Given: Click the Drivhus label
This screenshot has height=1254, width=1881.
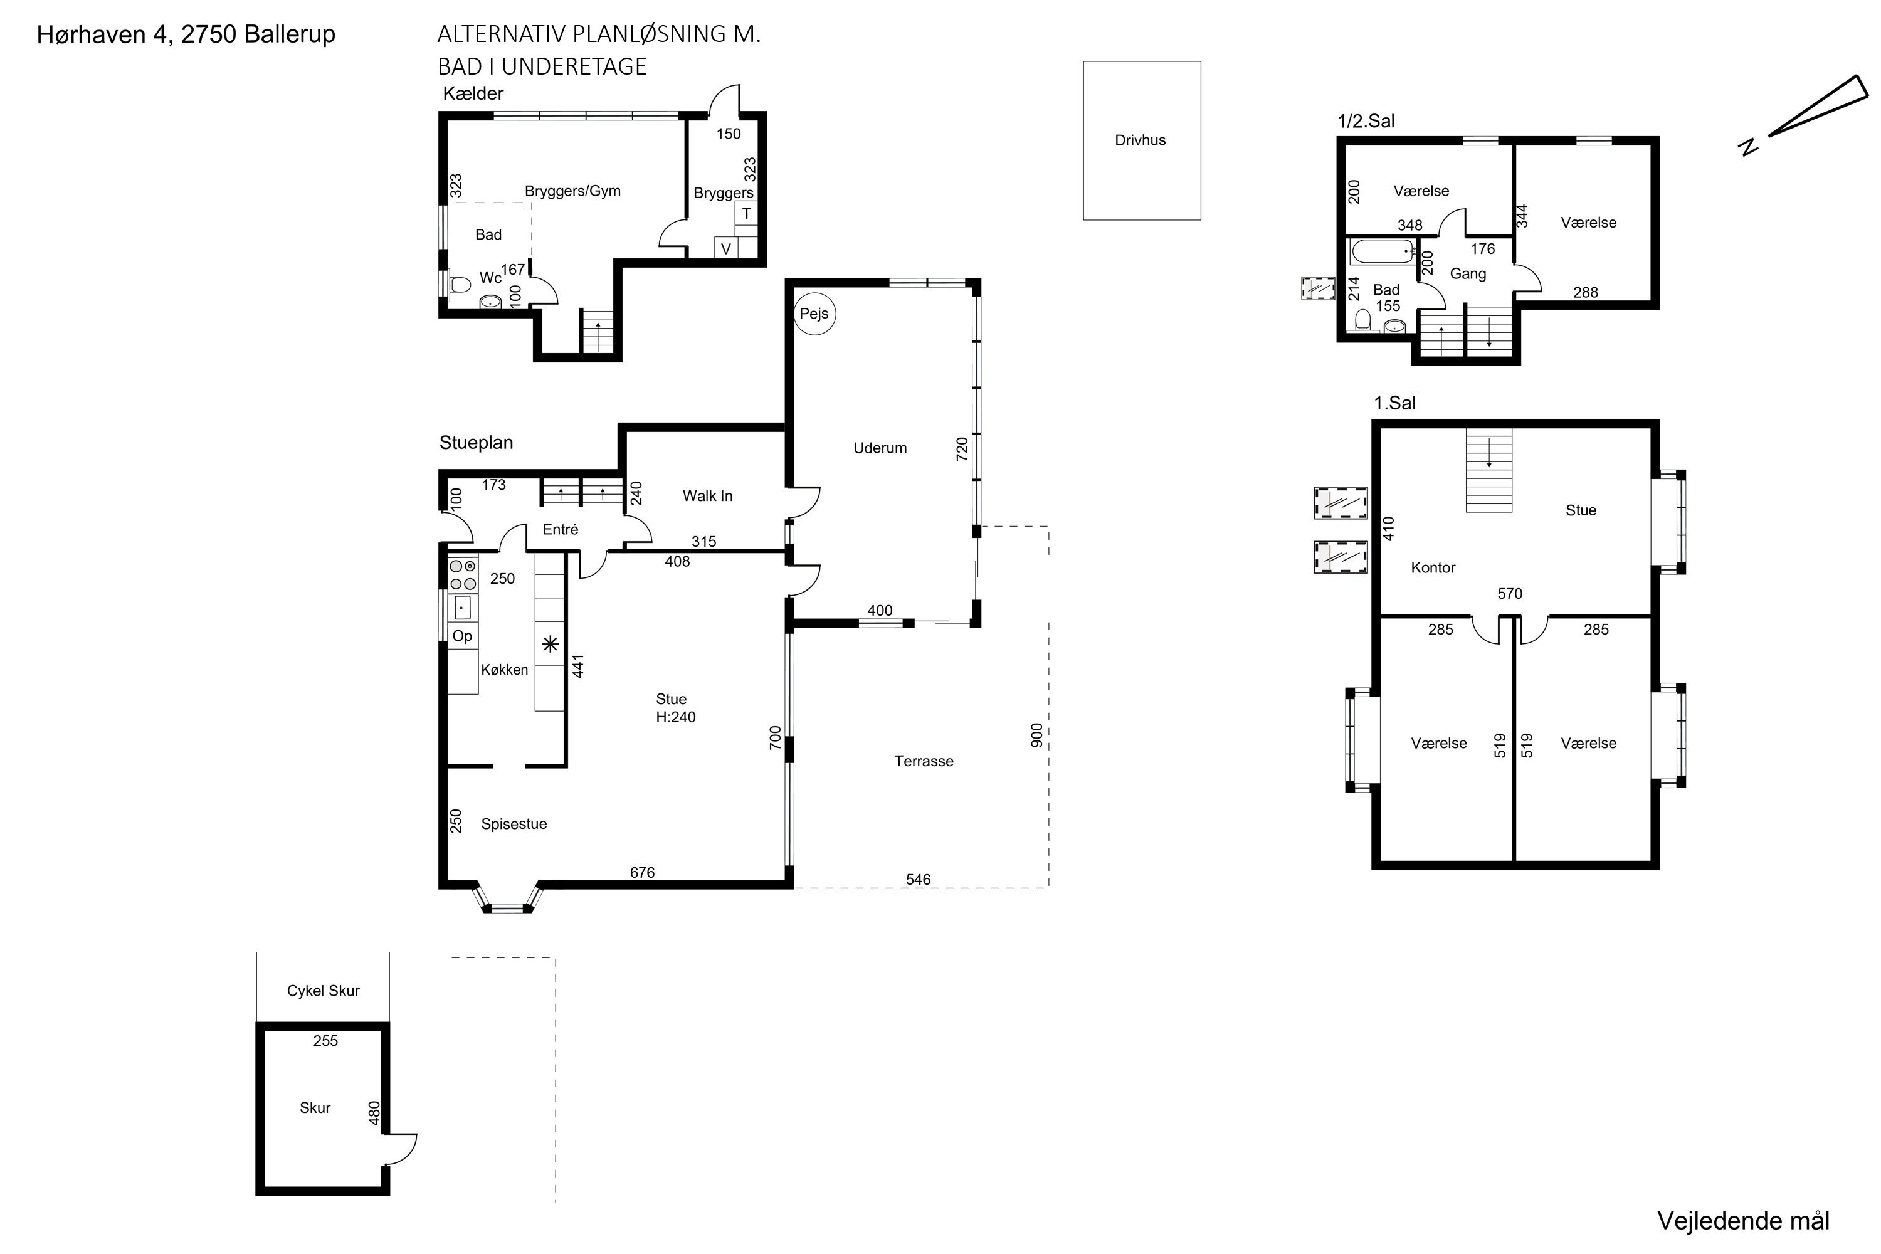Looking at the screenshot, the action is click(x=1140, y=140).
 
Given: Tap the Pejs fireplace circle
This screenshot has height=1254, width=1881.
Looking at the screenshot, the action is click(x=814, y=313).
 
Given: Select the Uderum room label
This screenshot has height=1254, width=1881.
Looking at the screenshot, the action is click(x=880, y=448).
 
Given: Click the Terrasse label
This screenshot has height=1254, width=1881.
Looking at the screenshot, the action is click(x=924, y=761).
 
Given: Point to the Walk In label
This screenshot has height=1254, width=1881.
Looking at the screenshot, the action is click(x=707, y=496).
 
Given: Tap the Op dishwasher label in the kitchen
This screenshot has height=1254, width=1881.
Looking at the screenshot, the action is click(x=462, y=636).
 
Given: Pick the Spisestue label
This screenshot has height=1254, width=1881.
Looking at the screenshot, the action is click(x=514, y=824).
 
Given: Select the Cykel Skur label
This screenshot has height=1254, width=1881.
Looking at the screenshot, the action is click(x=323, y=990).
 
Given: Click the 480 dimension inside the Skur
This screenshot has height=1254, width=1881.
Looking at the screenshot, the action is click(x=374, y=1114).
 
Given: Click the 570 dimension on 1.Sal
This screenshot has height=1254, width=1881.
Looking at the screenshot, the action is click(x=1509, y=593).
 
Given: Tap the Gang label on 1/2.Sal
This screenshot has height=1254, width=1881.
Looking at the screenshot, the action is click(x=1468, y=273).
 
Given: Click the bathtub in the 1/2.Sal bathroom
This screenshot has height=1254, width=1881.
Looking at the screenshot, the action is click(x=1382, y=252).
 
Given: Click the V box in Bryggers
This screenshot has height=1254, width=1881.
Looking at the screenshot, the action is click(x=725, y=248).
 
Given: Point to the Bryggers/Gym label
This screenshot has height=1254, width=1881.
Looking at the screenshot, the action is click(x=572, y=191).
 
